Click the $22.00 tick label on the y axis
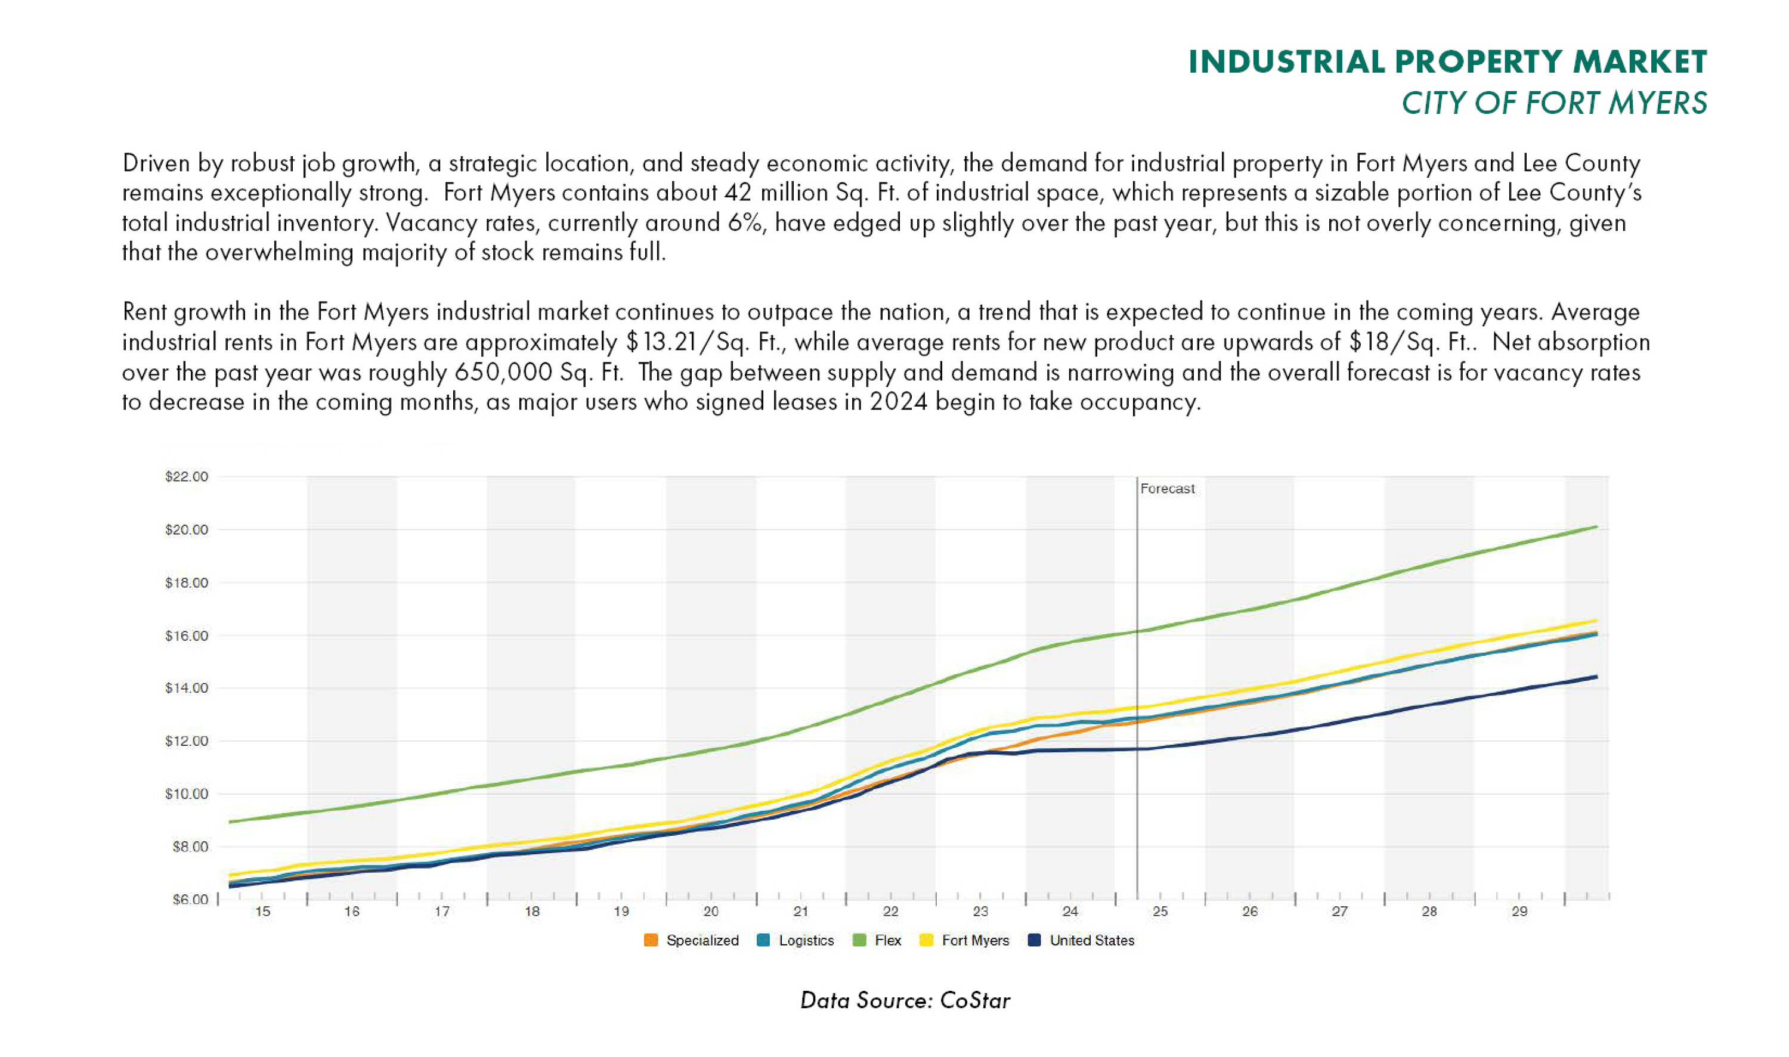187,477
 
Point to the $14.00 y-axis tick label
187,688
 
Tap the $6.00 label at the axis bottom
190,900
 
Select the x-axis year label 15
263,912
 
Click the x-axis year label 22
890,912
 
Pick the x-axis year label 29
1519,912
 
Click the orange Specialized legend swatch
651,940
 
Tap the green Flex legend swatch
860,940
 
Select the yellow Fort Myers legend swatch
926,940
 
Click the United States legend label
1091,940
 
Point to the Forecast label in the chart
1167,489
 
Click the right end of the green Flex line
1596,527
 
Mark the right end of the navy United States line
1596,677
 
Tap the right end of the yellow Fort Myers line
1596,621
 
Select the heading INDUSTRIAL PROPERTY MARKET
1448,62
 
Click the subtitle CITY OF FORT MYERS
1554,103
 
